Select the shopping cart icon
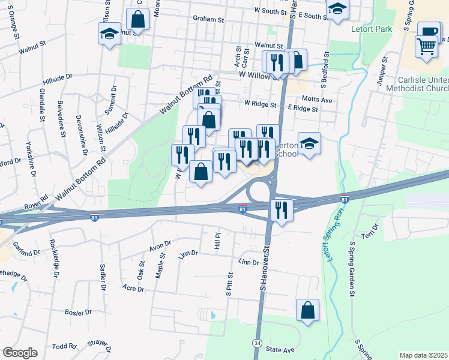pyautogui.click(x=426, y=46)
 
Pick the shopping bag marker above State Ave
pyautogui.click(x=307, y=311)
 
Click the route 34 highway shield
pyautogui.click(x=257, y=342)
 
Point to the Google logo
pyautogui.click(x=20, y=353)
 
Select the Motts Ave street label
pyautogui.click(x=318, y=100)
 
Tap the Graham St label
pyautogui.click(x=208, y=19)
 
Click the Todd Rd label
pyautogui.click(x=64, y=346)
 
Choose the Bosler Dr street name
pyautogui.click(x=79, y=313)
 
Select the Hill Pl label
pyautogui.click(x=218, y=242)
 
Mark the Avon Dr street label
pyautogui.click(x=160, y=245)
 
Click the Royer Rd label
pyautogui.click(x=36, y=201)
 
